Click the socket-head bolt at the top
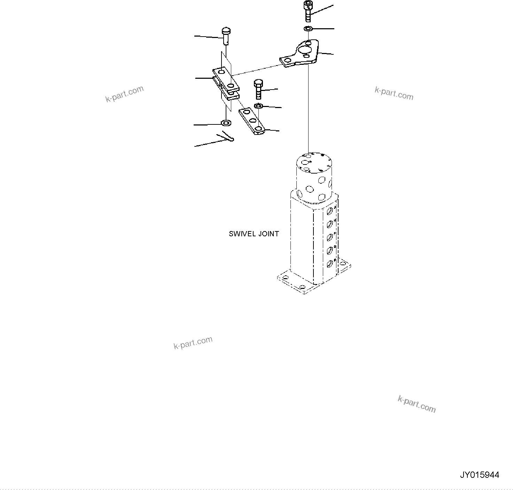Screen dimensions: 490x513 coord(308,11)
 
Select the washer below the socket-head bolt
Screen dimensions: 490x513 coord(308,28)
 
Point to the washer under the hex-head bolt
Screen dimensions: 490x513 coord(258,106)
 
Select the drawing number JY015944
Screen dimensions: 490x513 coord(479,475)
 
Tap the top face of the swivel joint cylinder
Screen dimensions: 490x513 coord(313,162)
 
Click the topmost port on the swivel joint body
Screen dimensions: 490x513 coord(330,210)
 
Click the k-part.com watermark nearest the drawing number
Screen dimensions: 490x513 coord(417,404)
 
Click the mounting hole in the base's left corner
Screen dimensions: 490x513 coord(285,278)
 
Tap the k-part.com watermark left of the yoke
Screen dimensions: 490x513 coord(124,94)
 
